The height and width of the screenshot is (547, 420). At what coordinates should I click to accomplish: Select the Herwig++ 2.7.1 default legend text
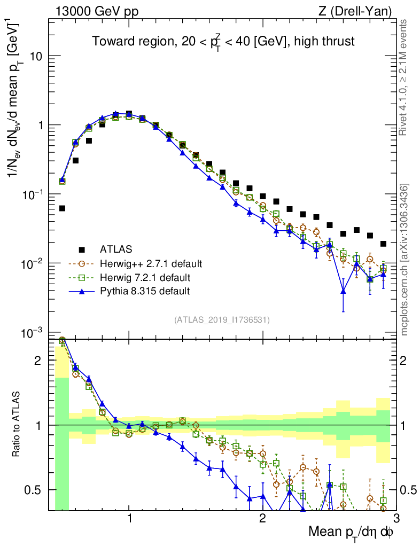[151, 263]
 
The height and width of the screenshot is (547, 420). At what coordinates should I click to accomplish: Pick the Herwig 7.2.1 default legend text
[145, 277]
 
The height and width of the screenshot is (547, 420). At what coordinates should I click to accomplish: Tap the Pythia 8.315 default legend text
[145, 291]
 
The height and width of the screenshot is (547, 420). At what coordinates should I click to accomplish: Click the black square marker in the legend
[82, 249]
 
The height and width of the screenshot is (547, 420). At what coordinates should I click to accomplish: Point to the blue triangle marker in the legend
[82, 291]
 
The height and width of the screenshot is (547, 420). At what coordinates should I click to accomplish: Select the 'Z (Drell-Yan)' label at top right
[357, 11]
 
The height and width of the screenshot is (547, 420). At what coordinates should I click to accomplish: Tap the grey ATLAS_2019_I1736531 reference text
[222, 320]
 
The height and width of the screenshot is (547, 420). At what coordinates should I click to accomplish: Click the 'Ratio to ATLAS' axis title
[17, 423]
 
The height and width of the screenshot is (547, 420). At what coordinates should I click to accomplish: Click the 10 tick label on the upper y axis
[35, 56]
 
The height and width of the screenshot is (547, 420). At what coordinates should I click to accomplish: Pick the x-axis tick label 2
[262, 518]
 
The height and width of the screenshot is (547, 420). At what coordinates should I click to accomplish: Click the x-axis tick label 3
[395, 518]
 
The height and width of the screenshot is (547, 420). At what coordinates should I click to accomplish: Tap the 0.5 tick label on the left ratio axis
[33, 490]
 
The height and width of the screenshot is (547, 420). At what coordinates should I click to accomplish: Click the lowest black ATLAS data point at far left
[62, 208]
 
